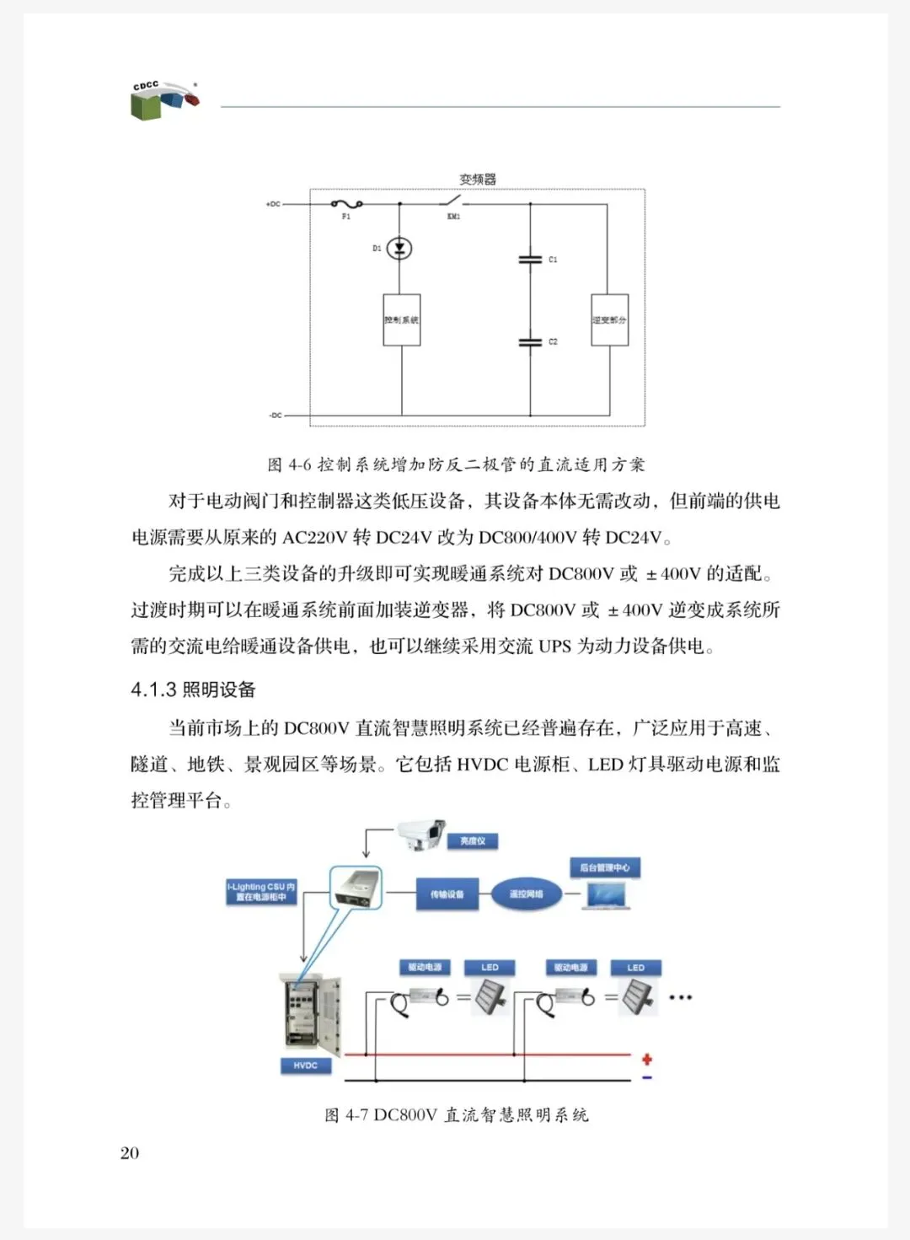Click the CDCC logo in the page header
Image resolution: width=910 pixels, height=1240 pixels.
click(x=164, y=100)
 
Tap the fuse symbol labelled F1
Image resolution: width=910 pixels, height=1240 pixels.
click(x=346, y=204)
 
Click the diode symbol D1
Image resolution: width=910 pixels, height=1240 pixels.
click(x=400, y=249)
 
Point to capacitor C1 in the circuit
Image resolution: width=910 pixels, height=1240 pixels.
click(x=530, y=260)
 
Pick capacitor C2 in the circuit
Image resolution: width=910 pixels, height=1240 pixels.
click(x=530, y=341)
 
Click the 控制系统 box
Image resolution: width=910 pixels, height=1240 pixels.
click(x=401, y=319)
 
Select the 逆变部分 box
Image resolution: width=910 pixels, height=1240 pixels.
click(x=609, y=319)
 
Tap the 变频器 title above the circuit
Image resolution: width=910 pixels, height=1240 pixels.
click(x=478, y=179)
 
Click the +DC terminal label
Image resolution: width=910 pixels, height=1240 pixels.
click(x=273, y=204)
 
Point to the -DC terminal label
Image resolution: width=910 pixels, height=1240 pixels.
click(x=275, y=416)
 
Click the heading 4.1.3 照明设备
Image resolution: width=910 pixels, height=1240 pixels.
click(x=193, y=690)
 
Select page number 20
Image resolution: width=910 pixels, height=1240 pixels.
click(x=130, y=1153)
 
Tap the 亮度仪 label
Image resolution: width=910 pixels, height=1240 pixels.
click(x=473, y=840)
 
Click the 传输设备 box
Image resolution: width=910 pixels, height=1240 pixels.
click(x=447, y=894)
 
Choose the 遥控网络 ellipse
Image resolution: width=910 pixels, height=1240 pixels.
click(x=527, y=894)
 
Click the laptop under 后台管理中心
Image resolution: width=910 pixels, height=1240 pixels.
click(x=607, y=896)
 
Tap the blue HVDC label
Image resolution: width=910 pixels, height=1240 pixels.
click(x=305, y=1066)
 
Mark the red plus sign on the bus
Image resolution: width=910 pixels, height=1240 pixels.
click(x=646, y=1059)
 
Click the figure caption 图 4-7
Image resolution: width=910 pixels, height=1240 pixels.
click(x=456, y=1115)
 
